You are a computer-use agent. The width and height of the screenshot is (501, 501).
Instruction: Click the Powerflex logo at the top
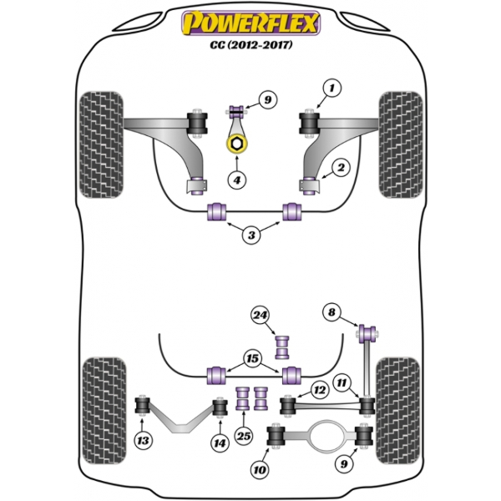[250, 23]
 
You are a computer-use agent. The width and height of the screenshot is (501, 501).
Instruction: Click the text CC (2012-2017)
[251, 45]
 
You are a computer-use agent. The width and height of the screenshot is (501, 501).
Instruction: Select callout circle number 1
[331, 88]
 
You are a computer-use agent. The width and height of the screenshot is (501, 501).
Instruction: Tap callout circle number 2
[341, 167]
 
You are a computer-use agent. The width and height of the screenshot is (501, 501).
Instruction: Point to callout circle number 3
[251, 235]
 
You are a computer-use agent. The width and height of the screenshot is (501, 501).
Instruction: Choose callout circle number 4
[237, 180]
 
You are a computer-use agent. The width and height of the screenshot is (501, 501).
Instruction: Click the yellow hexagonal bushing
[236, 144]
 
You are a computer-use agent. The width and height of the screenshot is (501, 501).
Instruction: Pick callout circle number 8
[331, 311]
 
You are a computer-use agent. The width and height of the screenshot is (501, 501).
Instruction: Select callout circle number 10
[260, 469]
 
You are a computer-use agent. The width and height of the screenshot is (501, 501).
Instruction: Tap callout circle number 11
[342, 382]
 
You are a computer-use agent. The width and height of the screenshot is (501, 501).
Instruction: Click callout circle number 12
[320, 389]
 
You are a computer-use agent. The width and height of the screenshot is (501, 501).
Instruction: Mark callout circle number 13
[143, 441]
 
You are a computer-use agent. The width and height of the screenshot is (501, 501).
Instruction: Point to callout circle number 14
[220, 443]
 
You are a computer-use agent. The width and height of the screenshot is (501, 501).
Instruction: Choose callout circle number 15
[252, 358]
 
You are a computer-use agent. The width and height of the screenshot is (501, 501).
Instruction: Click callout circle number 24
[260, 316]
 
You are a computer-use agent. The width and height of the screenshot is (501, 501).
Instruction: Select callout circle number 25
[244, 436]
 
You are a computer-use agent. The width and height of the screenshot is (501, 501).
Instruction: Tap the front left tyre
[101, 145]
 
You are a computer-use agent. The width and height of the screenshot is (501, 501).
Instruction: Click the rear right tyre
[397, 410]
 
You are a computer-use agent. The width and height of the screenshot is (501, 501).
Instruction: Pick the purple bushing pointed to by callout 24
[282, 347]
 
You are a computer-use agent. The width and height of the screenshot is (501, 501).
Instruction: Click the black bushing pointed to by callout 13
[143, 406]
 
